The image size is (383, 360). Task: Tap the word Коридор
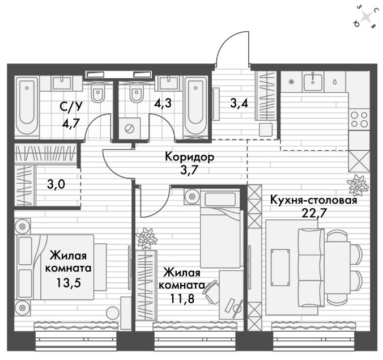[190, 156]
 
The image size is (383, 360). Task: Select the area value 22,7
[314, 213]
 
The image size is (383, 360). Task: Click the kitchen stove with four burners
[359, 119]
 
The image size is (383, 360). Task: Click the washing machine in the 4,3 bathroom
[129, 129]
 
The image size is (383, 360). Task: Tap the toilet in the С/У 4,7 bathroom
[97, 93]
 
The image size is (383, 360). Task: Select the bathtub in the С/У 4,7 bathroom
[27, 107]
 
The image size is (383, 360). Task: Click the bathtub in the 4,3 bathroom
[195, 107]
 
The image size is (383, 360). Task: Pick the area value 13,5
[69, 283]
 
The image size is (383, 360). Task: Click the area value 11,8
[182, 298]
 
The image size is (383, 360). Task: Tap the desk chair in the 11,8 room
[211, 292]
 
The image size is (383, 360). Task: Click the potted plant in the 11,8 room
[147, 239]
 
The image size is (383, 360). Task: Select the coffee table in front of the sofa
[280, 268]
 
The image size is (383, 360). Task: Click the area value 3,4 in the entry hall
[239, 103]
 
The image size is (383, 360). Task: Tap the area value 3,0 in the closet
[56, 184]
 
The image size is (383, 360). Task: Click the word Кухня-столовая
[314, 200]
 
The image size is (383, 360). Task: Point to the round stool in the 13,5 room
[113, 312]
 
